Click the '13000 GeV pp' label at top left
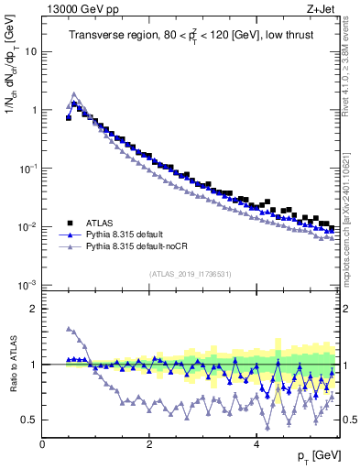point(76,9)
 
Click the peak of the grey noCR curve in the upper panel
point(74,93)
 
